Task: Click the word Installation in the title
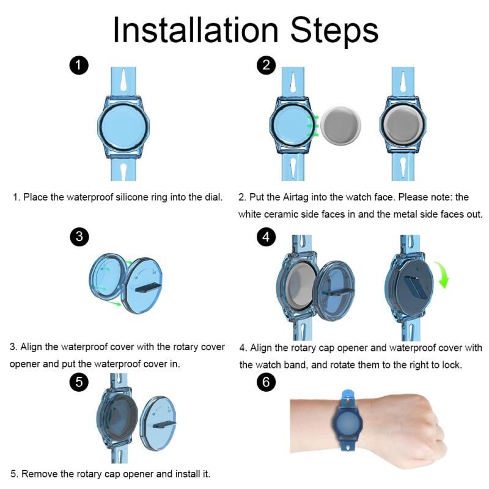196,30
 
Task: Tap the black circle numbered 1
79,65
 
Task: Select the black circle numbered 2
266,65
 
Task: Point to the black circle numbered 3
79,237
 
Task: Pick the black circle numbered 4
266,237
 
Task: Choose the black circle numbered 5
79,381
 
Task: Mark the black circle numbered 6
266,381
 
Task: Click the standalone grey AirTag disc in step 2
341,125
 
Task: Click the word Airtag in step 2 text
296,197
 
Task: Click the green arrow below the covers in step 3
114,303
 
